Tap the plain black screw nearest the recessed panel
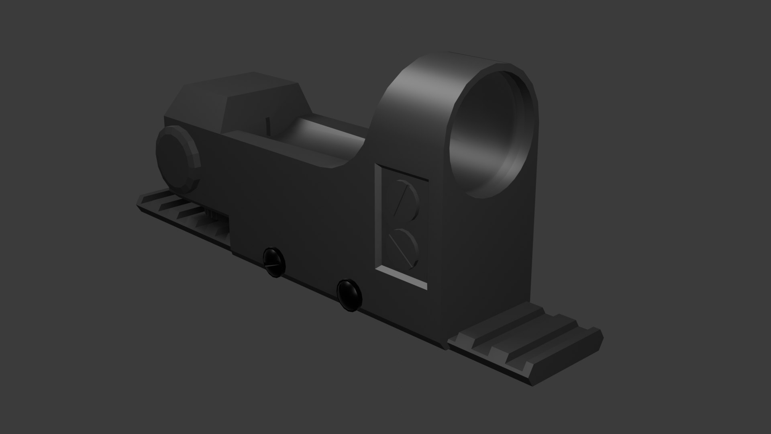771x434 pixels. point(349,295)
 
